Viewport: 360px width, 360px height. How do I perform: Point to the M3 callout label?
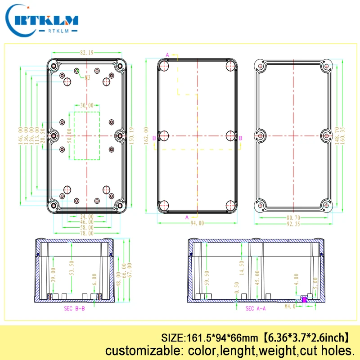coord(87,77)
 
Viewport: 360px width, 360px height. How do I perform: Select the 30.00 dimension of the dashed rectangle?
coord(86,105)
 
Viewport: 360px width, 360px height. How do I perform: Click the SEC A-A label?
coord(256,308)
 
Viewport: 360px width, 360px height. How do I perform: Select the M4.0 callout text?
coord(290,306)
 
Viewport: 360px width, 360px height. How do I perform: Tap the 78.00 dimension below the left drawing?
coord(87,233)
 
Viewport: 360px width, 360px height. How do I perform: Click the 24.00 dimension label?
coord(87,216)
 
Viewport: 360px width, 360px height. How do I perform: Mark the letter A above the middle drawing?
coord(167,55)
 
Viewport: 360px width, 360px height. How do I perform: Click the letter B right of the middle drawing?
coord(240,138)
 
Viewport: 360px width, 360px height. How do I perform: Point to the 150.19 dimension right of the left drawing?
coord(131,135)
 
